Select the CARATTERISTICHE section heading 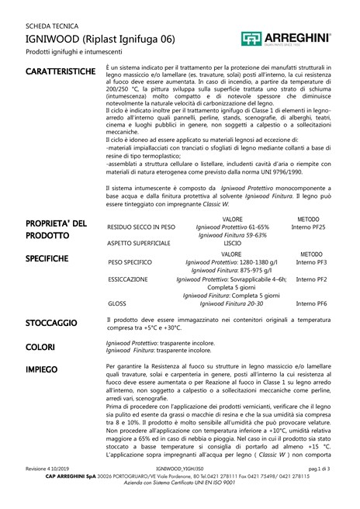(x=60, y=72)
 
